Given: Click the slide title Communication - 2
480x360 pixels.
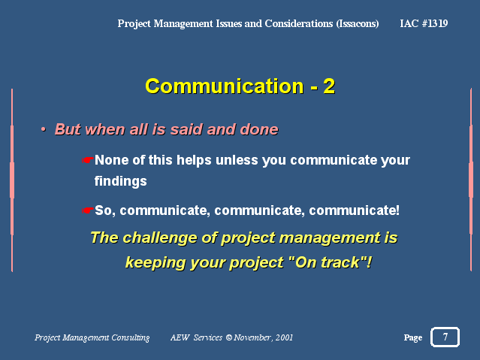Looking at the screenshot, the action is [x=240, y=86].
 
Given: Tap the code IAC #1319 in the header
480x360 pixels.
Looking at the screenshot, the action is [x=424, y=23].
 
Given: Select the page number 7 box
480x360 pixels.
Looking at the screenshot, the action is [x=445, y=337].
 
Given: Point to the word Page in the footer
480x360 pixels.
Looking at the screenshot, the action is [x=413, y=337].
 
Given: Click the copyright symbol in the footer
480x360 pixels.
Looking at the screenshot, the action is [x=228, y=337].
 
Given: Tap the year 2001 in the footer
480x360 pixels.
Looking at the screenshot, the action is [x=284, y=337].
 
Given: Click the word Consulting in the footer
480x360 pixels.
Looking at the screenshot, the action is [x=131, y=337].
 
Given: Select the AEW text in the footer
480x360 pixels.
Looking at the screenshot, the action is [x=180, y=337].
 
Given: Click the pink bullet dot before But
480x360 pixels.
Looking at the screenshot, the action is [x=44, y=129].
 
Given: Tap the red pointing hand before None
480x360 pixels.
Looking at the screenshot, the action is [x=88, y=160].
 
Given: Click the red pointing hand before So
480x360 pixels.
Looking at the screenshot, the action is [x=88, y=210].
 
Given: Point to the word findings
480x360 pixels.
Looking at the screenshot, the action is [x=121, y=181].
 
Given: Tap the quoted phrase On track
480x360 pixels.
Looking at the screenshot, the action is [x=328, y=262].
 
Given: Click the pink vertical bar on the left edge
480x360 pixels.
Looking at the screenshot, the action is [x=12, y=180].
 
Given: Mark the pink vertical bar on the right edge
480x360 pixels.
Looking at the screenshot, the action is [x=471, y=180].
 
